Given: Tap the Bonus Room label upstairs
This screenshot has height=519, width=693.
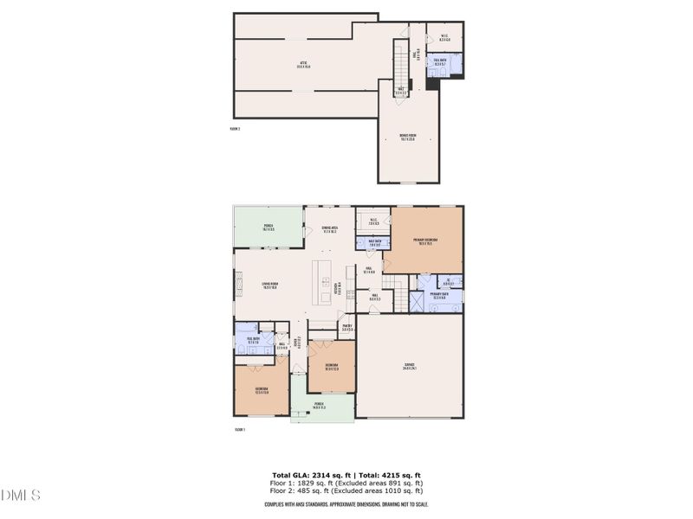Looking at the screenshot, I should click(408, 137).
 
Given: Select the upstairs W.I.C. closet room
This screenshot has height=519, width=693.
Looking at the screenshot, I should click(444, 39).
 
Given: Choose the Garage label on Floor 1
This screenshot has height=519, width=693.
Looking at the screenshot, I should click(410, 366).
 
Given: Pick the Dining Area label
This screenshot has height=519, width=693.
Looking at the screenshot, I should click(329, 229).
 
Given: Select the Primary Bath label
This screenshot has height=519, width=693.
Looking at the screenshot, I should click(439, 296).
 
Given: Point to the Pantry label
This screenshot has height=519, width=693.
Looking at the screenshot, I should click(346, 328).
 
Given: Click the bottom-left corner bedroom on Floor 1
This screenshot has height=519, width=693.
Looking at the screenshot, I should click(261, 390).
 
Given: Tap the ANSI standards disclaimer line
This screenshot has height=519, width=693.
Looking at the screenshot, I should click(346, 504).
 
